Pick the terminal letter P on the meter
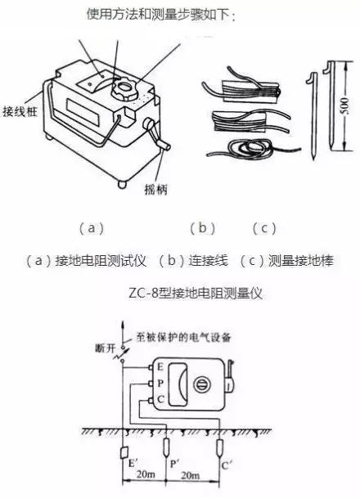click(161, 384)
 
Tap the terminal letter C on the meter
click(161, 401)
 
